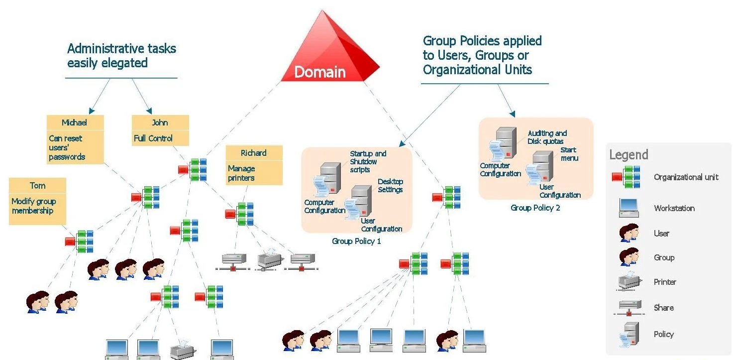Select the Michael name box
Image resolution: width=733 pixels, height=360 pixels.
point(75,122)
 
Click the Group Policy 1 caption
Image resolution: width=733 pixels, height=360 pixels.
point(356,241)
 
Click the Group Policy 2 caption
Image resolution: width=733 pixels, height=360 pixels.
point(535,208)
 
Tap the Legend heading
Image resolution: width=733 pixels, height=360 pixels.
point(628,155)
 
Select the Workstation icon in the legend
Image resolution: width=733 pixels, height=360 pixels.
point(629,208)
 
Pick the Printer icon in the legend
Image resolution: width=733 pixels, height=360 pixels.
point(629,282)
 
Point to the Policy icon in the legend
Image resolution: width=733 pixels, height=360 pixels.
point(629,334)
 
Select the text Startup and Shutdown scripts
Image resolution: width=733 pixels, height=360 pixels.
point(368,162)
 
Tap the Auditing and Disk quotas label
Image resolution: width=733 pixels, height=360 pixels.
point(547,137)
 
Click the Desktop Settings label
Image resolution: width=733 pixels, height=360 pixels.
point(390,186)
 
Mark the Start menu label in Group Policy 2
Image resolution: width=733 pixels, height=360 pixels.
point(569,154)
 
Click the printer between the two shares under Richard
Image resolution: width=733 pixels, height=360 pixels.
point(270,259)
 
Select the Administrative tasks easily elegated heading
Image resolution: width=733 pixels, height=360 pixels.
point(121,56)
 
